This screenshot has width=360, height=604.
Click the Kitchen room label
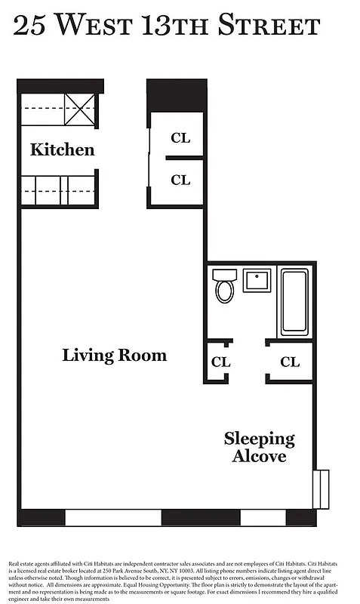pos(62,149)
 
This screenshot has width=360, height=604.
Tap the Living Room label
pos(114,355)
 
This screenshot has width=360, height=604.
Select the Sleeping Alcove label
pos(259,448)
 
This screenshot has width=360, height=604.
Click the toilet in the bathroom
pos(225,286)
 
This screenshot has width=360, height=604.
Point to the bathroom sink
pos(257,281)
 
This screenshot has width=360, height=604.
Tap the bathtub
pos(294,302)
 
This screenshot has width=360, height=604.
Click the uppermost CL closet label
pos(180,138)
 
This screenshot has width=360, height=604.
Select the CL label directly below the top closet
pos(180,180)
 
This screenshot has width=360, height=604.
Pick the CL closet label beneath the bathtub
pos(290,362)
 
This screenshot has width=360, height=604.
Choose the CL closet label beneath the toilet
pos(220,362)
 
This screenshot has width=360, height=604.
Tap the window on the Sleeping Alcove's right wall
pos(321,488)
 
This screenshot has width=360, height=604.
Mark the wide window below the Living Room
pos(113,518)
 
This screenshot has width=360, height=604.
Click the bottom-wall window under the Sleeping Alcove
pos(263,518)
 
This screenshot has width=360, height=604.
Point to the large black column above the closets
pos(175,94)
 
